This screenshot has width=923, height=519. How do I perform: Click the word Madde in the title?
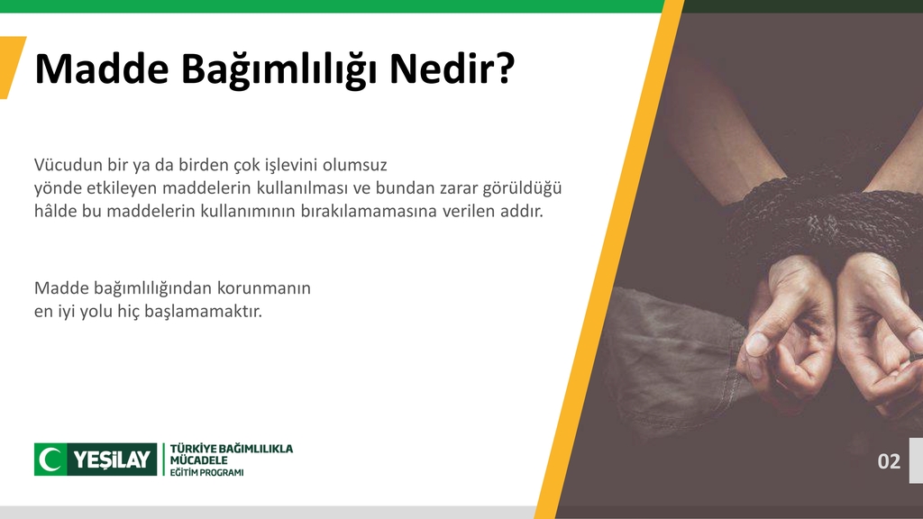pyautogui.click(x=98, y=69)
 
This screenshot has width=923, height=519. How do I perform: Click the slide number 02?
pyautogui.click(x=889, y=461)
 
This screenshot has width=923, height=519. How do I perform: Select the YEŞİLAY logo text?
pyautogui.click(x=112, y=460)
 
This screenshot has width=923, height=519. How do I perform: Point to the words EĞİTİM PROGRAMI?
pyautogui.click(x=206, y=472)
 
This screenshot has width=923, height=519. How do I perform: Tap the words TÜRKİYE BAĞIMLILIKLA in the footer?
pyautogui.click(x=232, y=448)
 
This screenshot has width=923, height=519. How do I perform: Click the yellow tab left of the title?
pyautogui.click(x=11, y=68)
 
